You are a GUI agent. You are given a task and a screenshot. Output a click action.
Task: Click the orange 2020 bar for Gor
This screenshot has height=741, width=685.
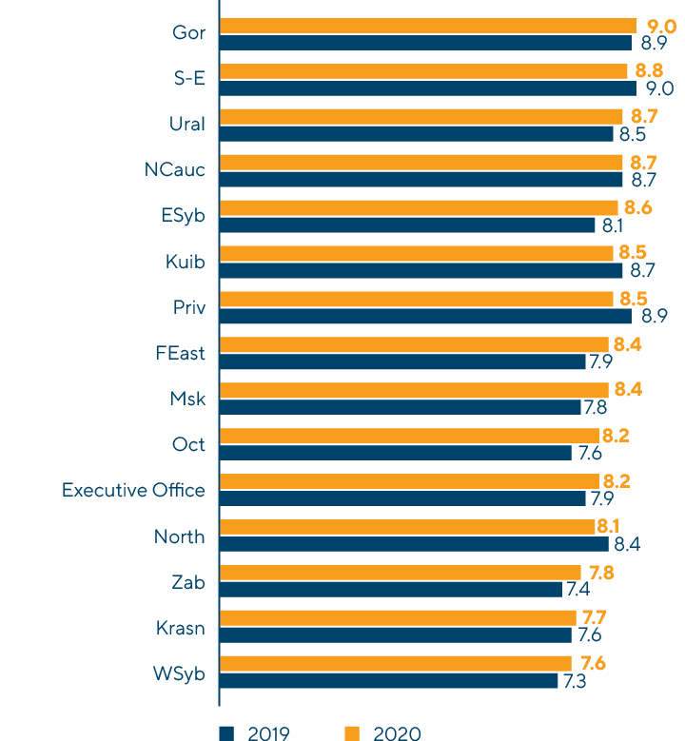427,26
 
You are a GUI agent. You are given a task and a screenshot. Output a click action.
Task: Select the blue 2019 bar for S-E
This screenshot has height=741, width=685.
427,88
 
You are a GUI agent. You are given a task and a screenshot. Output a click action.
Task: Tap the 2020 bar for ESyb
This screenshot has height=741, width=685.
419,207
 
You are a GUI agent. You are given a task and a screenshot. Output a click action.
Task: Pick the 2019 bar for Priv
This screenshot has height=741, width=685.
425,316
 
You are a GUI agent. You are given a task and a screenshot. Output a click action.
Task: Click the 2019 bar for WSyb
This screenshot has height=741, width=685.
388,681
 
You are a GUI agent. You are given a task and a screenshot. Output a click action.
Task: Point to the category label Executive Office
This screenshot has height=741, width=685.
133,491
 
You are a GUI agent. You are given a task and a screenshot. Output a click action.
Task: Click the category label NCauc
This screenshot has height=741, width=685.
174,170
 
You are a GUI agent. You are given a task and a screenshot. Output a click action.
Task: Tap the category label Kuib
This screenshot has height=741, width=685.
185,262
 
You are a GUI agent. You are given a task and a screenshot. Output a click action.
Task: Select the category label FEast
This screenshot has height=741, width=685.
180,354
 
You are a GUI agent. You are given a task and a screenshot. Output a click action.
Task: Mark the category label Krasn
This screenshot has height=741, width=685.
181,628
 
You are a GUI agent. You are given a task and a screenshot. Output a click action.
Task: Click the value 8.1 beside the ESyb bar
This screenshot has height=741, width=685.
612,225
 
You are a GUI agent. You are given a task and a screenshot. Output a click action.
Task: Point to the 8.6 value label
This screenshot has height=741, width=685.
634,207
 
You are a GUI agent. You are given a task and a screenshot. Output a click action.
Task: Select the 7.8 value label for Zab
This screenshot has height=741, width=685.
601,573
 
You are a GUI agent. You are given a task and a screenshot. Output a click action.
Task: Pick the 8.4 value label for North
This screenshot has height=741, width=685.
625,544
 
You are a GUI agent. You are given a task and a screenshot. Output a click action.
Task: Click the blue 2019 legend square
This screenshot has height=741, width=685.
226,732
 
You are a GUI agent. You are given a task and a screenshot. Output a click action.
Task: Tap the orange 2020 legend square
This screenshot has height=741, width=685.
351,732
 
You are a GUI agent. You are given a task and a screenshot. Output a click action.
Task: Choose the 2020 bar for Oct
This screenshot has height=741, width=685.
409,436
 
